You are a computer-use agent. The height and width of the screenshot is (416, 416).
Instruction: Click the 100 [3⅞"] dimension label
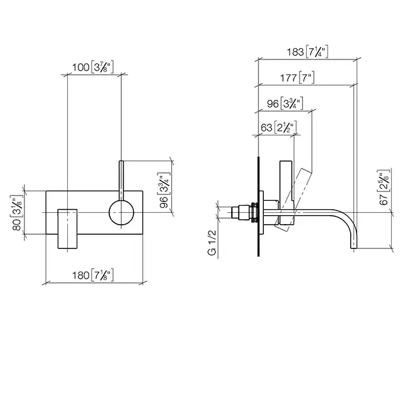click(93, 67)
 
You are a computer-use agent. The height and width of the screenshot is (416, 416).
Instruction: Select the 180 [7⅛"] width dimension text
click(93, 275)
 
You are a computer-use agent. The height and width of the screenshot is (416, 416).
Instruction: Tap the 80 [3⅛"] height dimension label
click(17, 213)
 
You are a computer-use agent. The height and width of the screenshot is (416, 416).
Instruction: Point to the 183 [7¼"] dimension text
click(307, 52)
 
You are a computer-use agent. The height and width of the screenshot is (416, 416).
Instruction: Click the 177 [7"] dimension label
click(297, 78)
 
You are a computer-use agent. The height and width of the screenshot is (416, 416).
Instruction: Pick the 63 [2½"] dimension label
click(279, 128)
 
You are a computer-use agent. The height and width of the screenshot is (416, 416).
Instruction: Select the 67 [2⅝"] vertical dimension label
click(384, 187)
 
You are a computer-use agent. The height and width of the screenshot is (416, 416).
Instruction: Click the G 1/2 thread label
click(212, 242)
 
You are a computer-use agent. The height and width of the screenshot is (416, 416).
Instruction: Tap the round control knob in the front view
click(121, 212)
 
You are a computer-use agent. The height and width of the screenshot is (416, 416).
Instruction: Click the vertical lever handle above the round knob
click(121, 181)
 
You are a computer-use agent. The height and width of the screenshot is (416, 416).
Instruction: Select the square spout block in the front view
click(67, 229)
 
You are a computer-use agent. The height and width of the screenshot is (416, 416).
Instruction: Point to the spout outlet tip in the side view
click(354, 248)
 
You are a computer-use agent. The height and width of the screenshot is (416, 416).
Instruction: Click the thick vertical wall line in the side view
click(259, 206)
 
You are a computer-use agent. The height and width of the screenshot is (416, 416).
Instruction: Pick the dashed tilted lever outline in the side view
click(293, 200)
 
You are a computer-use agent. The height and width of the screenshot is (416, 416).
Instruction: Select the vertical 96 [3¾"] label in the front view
click(163, 190)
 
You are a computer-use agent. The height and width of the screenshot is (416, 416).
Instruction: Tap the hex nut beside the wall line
click(254, 212)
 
